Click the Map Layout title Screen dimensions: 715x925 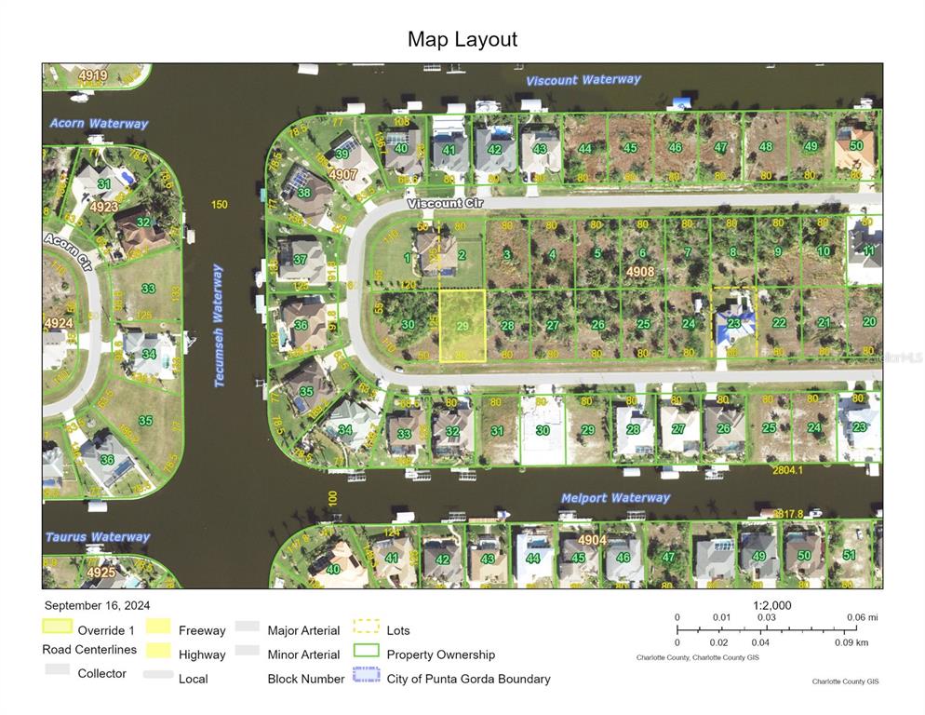[x=462, y=39]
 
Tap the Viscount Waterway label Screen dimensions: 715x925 [x=583, y=80]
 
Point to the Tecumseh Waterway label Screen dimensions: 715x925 [x=219, y=312]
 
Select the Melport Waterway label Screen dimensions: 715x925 [x=615, y=498]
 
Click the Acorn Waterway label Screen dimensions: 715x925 [x=99, y=124]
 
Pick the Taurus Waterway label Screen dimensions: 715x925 [x=98, y=537]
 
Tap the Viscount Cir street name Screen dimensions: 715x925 [x=439, y=203]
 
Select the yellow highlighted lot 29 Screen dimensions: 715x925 [x=462, y=326]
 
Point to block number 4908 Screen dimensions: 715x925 [x=640, y=272]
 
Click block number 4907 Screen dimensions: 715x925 [x=342, y=174]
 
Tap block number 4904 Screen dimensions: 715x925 [x=592, y=540]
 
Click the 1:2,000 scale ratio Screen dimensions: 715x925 [x=772, y=605]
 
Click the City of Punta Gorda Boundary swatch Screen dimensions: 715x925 [x=366, y=675]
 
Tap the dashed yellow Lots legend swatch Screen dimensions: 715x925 [x=366, y=627]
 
